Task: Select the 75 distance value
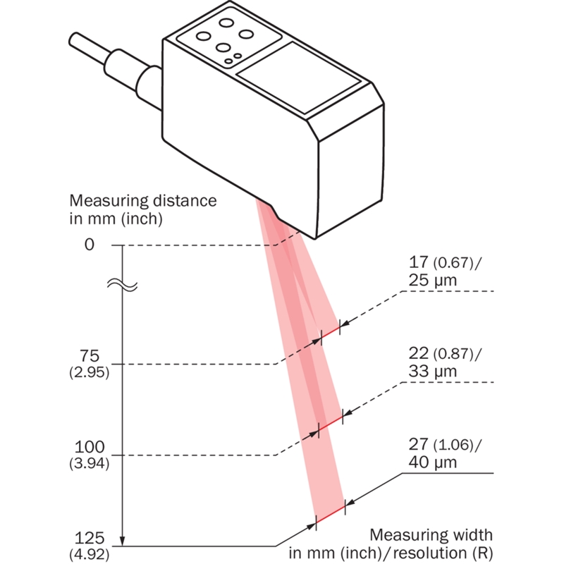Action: (x=89, y=355)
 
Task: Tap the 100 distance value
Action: (x=89, y=448)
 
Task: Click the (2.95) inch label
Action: (x=89, y=372)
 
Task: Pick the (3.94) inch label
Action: (x=89, y=465)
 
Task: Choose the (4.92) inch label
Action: (x=89, y=555)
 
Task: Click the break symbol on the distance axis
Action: (x=123, y=286)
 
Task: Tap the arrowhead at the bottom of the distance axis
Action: (x=123, y=541)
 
